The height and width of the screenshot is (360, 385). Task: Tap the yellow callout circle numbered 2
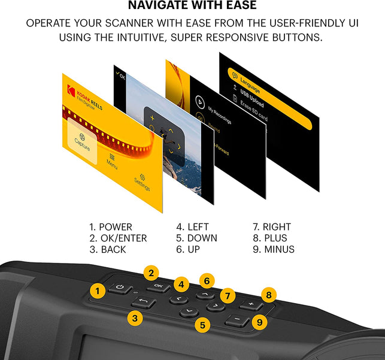pyautogui.click(x=151, y=274)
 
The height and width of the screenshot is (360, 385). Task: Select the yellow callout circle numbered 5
pyautogui.click(x=203, y=325)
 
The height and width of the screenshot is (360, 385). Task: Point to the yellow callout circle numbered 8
pyautogui.click(x=269, y=295)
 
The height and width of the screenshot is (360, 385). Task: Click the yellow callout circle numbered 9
pyautogui.click(x=259, y=322)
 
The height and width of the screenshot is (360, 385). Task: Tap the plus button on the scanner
pyautogui.click(x=250, y=305)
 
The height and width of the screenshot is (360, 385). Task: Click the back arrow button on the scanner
pyautogui.click(x=144, y=303)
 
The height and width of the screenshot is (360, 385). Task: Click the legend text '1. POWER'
pyautogui.click(x=110, y=227)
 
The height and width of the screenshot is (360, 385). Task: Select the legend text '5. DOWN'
pyautogui.click(x=196, y=238)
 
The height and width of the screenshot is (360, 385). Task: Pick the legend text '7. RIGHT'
pyautogui.click(x=272, y=227)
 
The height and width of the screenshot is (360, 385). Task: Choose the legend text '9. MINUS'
pyautogui.click(x=274, y=249)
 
